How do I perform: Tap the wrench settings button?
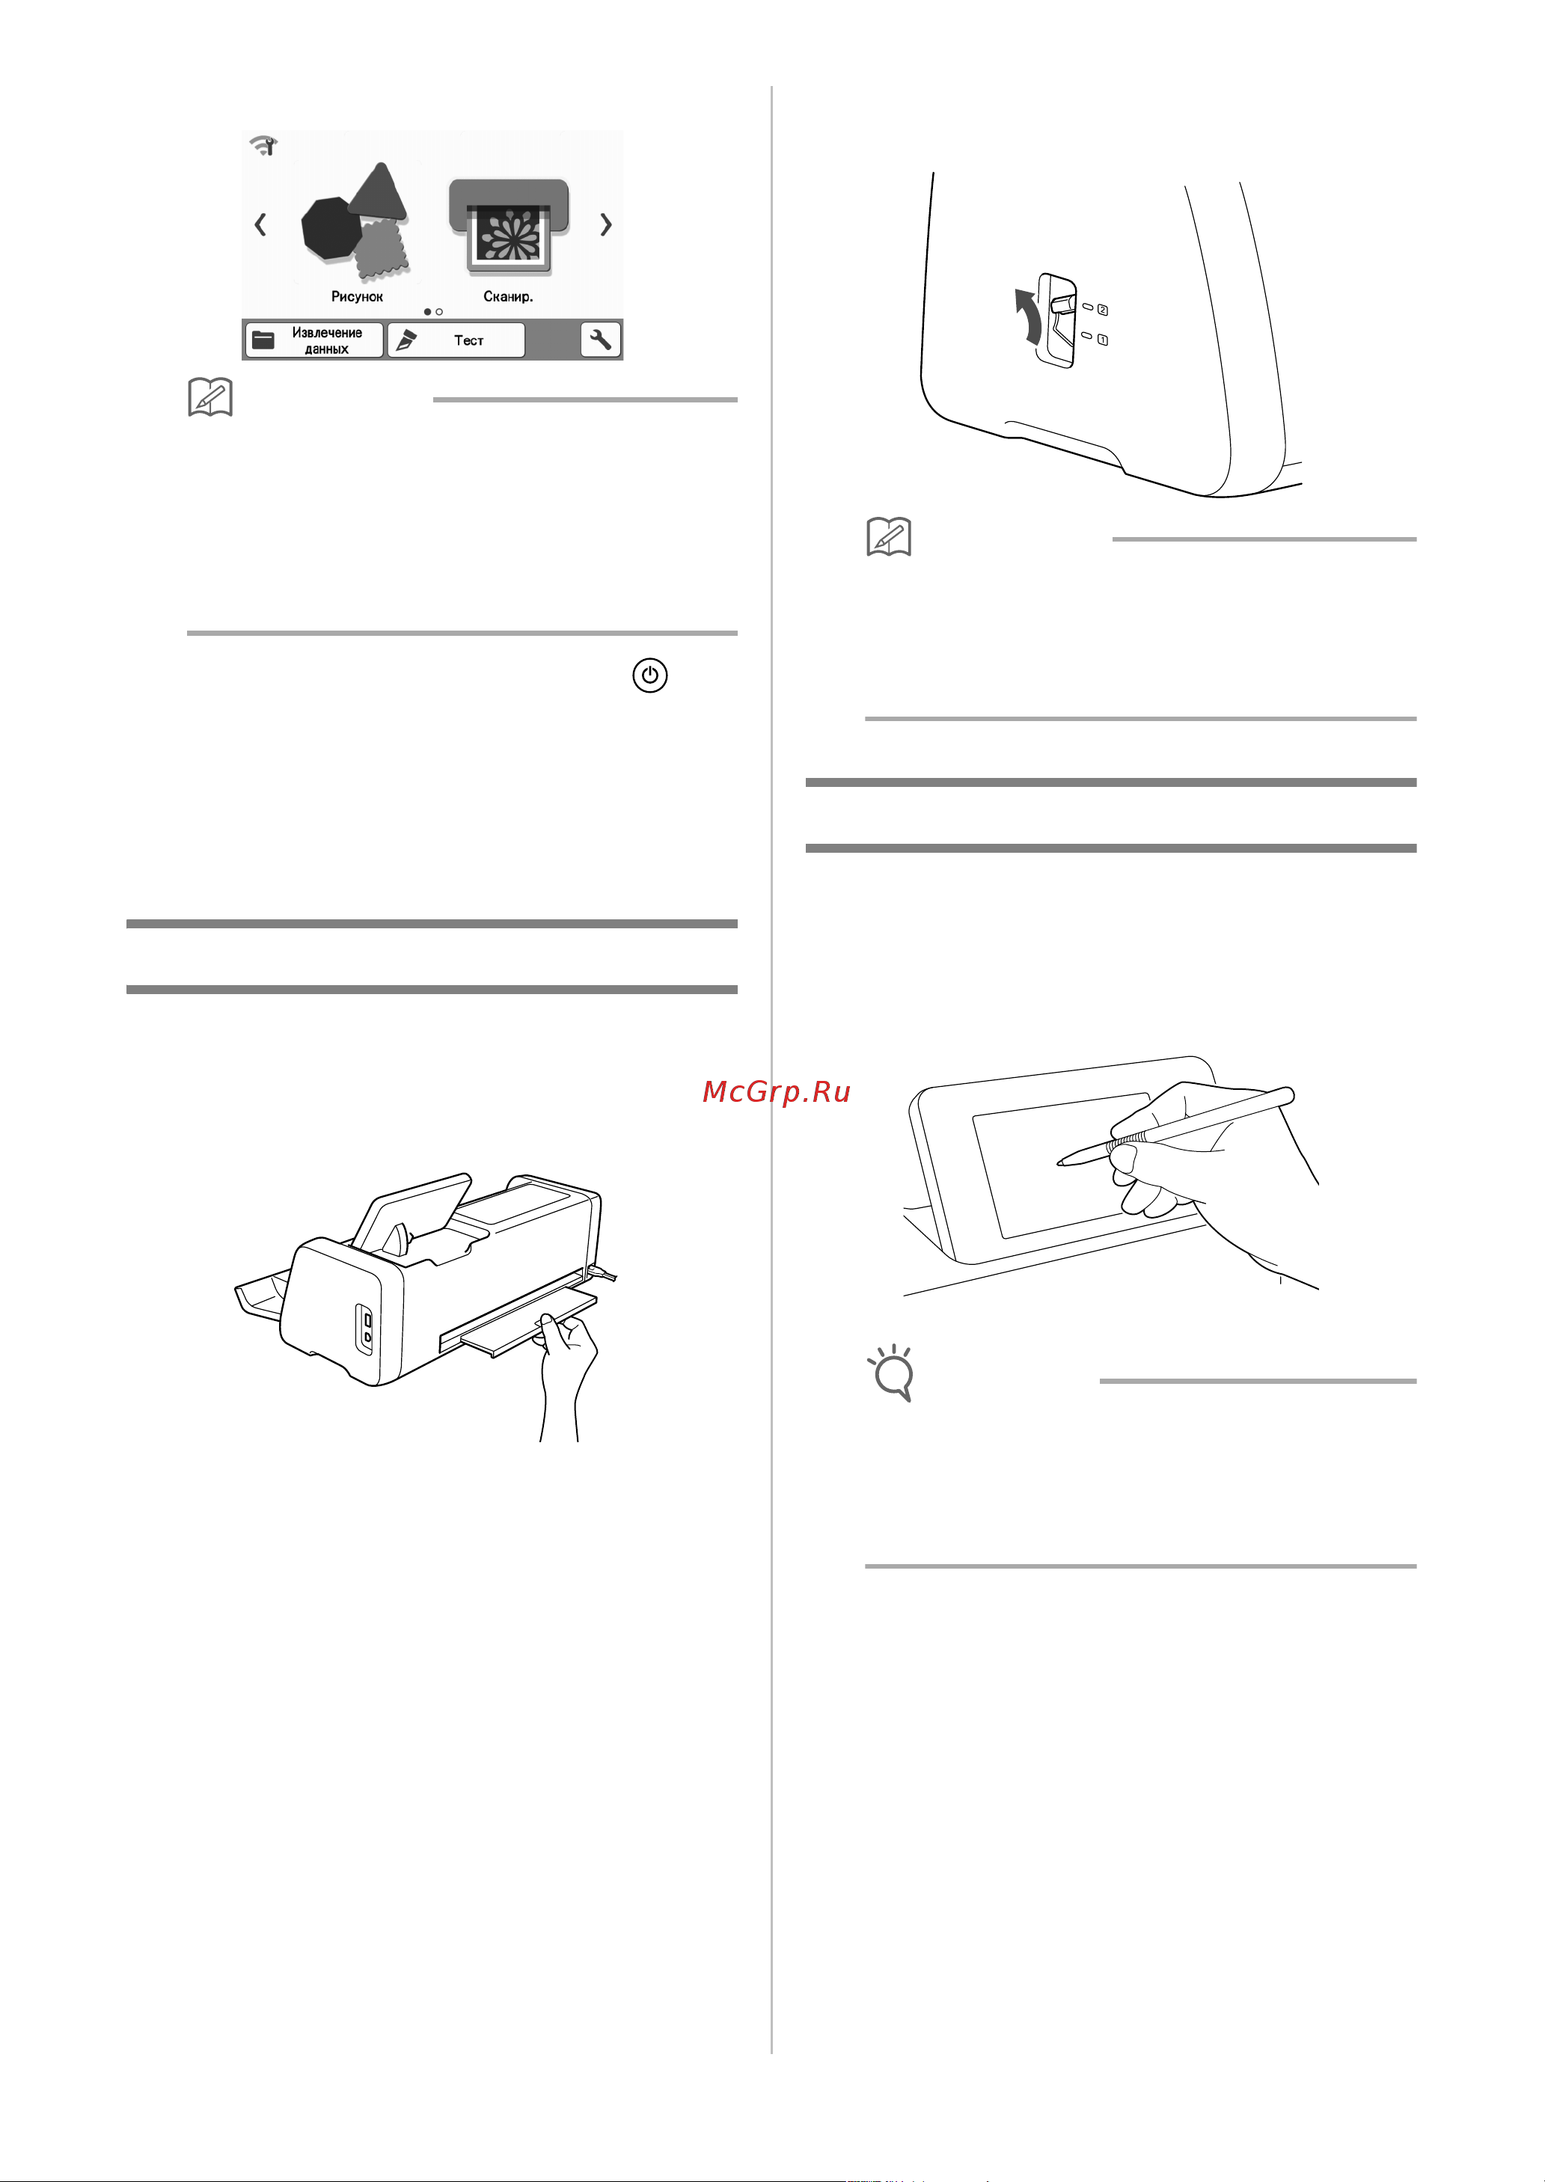tap(600, 340)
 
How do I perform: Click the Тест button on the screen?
tap(456, 340)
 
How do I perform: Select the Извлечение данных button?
tap(314, 340)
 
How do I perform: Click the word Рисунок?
tap(357, 297)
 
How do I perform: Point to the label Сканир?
tap(508, 297)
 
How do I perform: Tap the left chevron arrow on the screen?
tap(260, 224)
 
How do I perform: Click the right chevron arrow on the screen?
tap(606, 224)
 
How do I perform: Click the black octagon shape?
tap(330, 228)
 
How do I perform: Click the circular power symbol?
tap(649, 675)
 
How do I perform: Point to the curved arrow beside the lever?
tap(1026, 316)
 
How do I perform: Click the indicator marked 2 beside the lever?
tap(1096, 309)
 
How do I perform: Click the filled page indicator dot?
tap(427, 312)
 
